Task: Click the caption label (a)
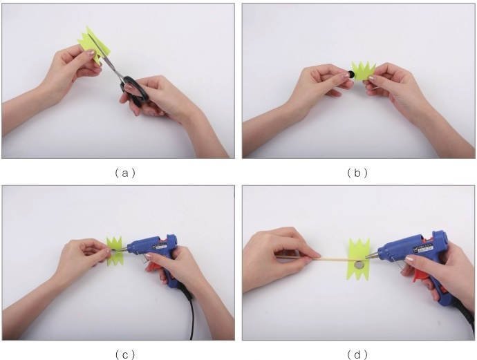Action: point(125,173)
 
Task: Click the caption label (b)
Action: point(357,173)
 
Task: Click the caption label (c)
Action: point(125,354)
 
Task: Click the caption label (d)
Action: point(357,354)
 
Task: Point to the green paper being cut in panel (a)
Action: point(95,46)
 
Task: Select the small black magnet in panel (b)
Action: point(351,74)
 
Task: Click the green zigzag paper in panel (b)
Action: point(364,71)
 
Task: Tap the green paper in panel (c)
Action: point(114,251)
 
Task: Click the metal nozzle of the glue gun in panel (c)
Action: point(123,249)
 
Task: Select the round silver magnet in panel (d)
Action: point(359,265)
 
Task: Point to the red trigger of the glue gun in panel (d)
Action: point(420,275)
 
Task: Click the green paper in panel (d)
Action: point(359,260)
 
